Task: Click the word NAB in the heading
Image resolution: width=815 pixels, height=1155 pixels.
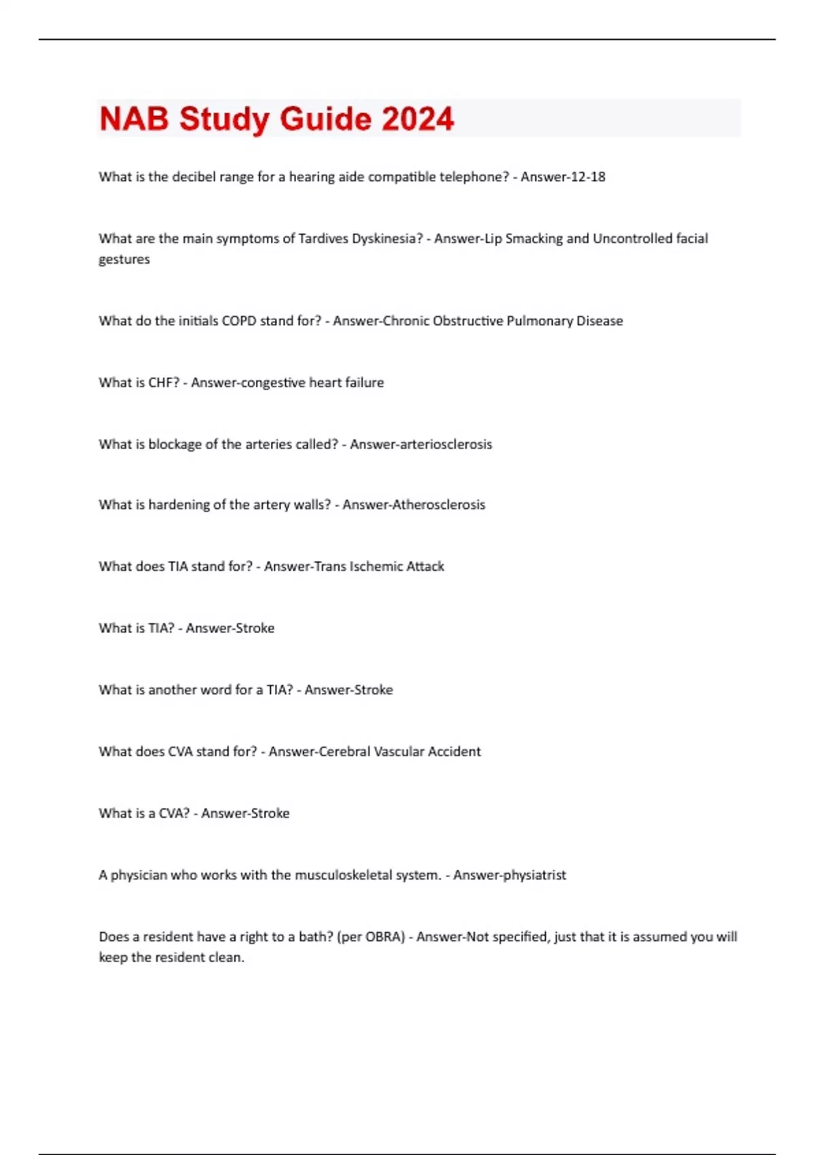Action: coord(134,119)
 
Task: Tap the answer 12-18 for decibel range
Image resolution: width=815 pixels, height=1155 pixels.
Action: coord(587,177)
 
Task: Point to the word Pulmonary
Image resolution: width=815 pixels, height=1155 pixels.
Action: coord(539,321)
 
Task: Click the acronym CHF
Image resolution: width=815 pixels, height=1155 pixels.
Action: coord(164,383)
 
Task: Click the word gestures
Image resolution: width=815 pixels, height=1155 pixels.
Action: coord(124,260)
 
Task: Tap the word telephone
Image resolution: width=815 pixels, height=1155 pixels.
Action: coord(474,177)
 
